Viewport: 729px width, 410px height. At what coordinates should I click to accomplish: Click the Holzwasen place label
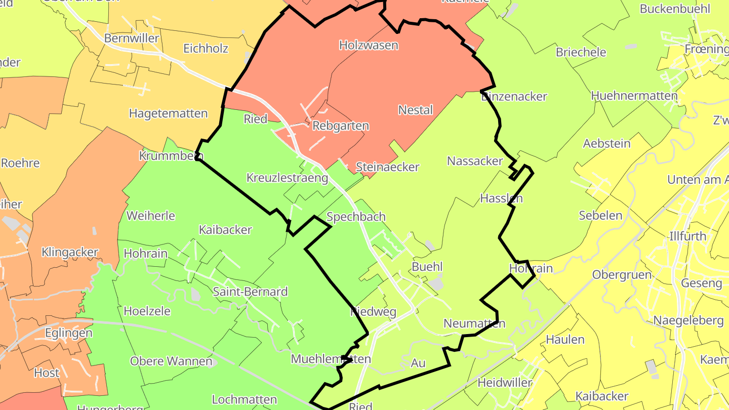[x=369, y=45]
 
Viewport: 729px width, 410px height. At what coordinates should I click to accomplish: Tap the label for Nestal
[x=416, y=110]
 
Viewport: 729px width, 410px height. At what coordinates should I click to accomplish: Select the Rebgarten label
[x=341, y=126]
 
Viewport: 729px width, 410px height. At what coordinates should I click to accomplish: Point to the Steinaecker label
[x=388, y=167]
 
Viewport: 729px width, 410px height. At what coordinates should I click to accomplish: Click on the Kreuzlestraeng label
[x=288, y=178]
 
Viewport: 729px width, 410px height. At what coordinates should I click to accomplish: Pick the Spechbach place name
[x=356, y=217]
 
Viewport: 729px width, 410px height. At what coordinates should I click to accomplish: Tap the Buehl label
[x=427, y=267]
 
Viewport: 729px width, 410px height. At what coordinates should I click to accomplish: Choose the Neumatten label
[x=474, y=323]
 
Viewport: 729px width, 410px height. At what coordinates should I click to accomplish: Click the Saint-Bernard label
[x=250, y=292]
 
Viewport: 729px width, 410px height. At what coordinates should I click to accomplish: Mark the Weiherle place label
[x=151, y=216]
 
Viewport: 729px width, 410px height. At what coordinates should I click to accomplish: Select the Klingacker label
[x=70, y=252]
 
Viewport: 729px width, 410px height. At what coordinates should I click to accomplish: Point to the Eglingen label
[x=69, y=333]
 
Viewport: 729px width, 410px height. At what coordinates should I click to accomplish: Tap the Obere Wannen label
[x=171, y=361]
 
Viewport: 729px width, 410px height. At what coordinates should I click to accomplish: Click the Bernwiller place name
[x=132, y=38]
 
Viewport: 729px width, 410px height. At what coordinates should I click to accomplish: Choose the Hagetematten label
[x=169, y=113]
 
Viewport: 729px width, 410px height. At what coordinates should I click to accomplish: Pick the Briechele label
[x=581, y=52]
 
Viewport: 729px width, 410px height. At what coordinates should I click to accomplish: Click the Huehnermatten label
[x=634, y=96]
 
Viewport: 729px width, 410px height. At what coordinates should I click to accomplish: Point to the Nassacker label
[x=475, y=161]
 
